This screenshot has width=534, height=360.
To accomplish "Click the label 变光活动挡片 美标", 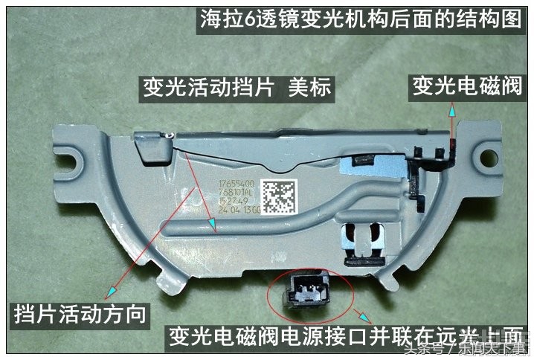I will point(237,89).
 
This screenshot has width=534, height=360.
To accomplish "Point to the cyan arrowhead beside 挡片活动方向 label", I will point(112,290).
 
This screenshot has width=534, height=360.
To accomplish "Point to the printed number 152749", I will point(233,202).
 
